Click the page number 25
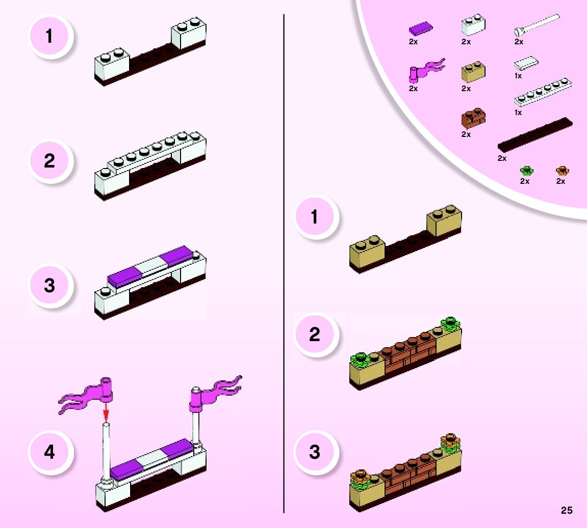click(x=567, y=510)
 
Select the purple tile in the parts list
click(x=421, y=29)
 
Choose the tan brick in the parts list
click(x=473, y=72)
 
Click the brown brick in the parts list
click(x=473, y=118)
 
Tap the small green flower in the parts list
click(x=525, y=170)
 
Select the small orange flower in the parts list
click(x=562, y=170)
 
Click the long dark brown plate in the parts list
click(x=535, y=134)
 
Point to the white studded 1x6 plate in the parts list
click(x=543, y=91)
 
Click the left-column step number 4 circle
click(x=49, y=452)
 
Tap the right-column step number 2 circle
click(x=315, y=334)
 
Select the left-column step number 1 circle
click(x=49, y=36)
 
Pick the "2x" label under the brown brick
click(x=466, y=134)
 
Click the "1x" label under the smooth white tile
click(x=518, y=76)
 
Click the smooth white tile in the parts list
click(x=526, y=63)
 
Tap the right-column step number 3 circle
click(x=315, y=452)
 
